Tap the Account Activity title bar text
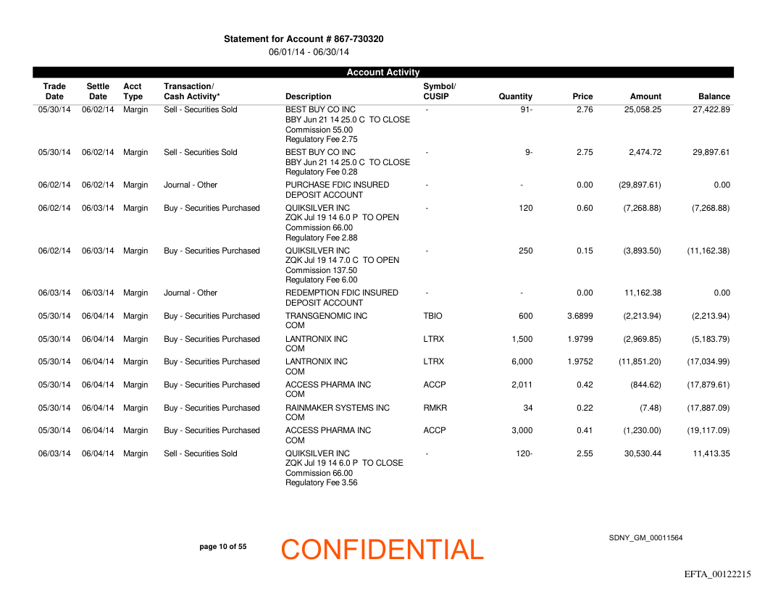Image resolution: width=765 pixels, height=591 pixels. [x=382, y=72]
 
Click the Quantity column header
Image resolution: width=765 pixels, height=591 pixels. [x=515, y=96]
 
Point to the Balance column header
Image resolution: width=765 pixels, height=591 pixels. [x=714, y=96]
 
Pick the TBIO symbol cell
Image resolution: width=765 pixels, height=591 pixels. [x=432, y=317]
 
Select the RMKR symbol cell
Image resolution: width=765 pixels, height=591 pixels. [x=435, y=408]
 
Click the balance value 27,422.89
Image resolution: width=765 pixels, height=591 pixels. [x=709, y=110]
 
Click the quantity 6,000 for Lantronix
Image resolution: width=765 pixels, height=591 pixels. [x=522, y=362]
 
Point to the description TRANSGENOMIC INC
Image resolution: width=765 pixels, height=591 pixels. [x=326, y=317]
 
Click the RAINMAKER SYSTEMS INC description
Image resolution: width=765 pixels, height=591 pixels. [x=337, y=408]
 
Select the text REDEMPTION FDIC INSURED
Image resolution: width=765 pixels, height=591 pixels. [x=341, y=293]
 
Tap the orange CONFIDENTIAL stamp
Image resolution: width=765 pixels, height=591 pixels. [x=382, y=550]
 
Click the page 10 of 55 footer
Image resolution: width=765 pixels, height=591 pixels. [x=222, y=547]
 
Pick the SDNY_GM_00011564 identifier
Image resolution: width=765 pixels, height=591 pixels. [x=645, y=538]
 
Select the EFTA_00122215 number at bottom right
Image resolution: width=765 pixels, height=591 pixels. [x=717, y=574]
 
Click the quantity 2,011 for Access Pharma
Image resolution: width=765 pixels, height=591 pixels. [x=522, y=385]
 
